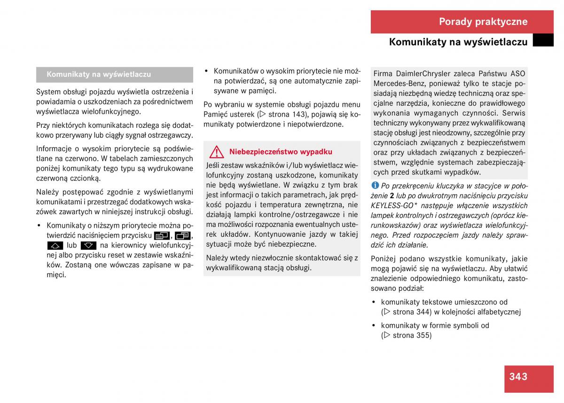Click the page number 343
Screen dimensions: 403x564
518,376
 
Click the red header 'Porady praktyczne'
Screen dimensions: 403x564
483,22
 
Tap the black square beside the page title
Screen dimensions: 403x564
543,40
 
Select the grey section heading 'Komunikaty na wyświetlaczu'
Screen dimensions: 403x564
99,74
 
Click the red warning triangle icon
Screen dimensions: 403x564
217,152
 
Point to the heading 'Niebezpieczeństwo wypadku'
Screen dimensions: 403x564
281,152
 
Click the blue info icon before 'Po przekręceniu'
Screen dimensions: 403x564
375,186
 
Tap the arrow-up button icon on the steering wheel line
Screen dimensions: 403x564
55,245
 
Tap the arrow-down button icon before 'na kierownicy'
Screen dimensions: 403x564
88,245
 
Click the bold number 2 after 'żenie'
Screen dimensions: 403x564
392,196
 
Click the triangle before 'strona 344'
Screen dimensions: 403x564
386,312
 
